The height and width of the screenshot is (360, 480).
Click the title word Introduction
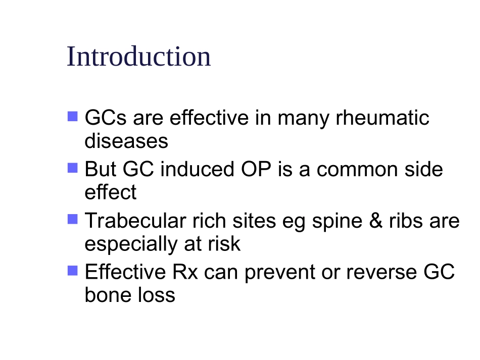coord(138,56)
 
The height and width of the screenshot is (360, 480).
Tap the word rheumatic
coord(382,118)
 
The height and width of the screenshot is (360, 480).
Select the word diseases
coord(126,141)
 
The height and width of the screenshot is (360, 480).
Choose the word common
coord(357,170)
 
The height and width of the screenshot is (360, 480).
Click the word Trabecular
coord(135,220)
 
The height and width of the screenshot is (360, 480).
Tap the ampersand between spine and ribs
coord(376,220)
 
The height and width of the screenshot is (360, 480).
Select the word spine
coord(337,222)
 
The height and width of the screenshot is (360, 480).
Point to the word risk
coord(224,243)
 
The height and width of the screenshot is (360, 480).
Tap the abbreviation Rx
coord(185,272)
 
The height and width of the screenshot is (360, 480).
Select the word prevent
coord(280,273)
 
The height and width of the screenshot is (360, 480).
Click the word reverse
coord(381,273)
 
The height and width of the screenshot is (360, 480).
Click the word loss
coord(157,295)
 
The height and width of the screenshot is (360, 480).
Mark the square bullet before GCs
coord(73,116)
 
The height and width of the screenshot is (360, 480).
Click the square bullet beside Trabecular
coord(73,219)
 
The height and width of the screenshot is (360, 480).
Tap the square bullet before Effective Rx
coord(73,271)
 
